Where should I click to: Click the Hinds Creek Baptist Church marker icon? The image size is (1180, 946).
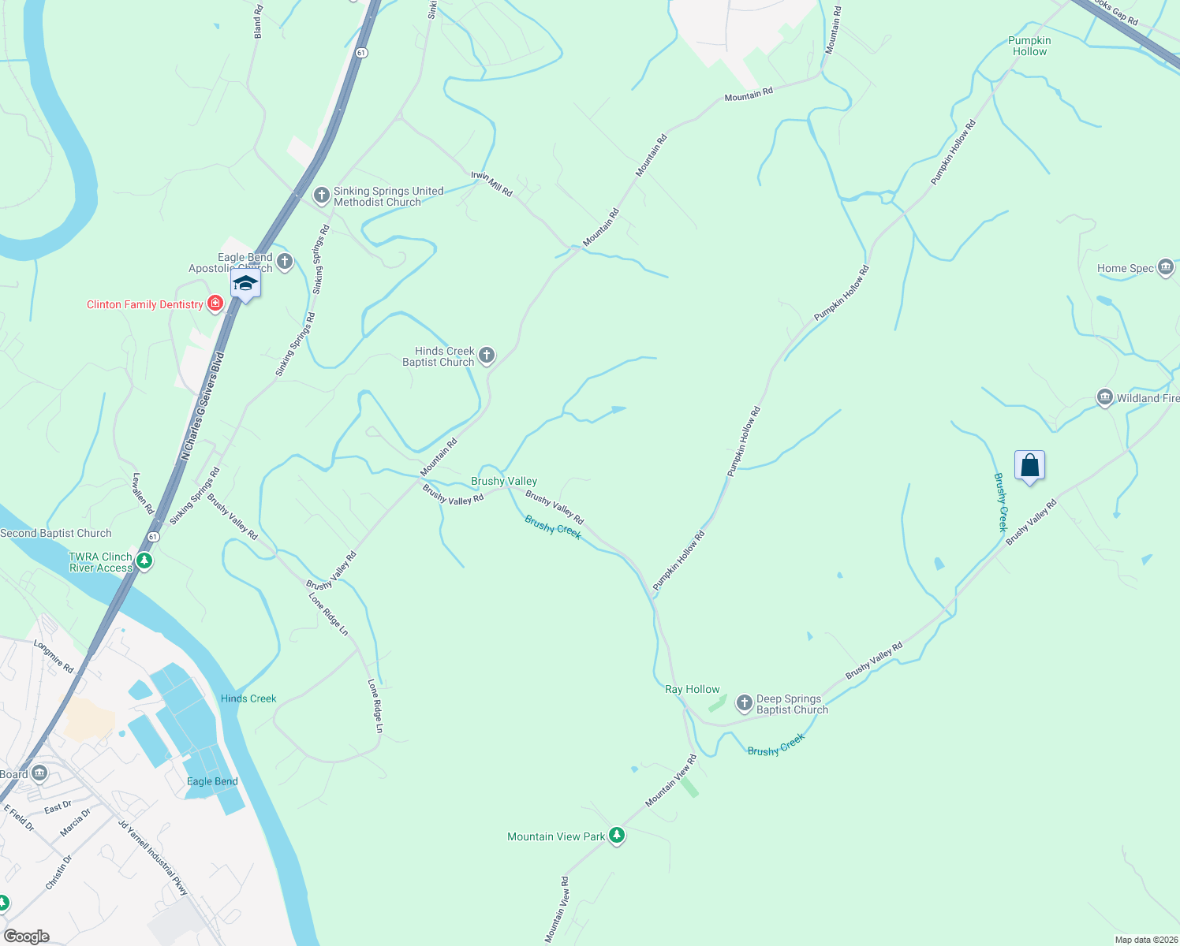click(x=487, y=356)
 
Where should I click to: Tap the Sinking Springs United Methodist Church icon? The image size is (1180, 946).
click(x=321, y=195)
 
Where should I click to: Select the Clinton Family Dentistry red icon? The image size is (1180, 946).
click(x=215, y=304)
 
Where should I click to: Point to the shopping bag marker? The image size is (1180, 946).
click(x=1029, y=466)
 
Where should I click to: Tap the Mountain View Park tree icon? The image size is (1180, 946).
click(x=617, y=836)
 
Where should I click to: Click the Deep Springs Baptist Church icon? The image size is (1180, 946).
click(x=744, y=702)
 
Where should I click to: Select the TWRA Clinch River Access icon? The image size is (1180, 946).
click(x=144, y=561)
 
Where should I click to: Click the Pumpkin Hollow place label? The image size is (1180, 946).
click(x=1029, y=46)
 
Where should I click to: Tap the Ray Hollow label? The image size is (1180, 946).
click(x=693, y=689)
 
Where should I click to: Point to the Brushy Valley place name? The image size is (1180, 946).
click(x=504, y=481)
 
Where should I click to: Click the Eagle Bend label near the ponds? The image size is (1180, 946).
click(x=212, y=781)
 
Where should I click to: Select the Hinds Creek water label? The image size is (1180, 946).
click(x=248, y=698)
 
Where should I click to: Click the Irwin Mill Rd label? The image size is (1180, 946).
click(x=491, y=184)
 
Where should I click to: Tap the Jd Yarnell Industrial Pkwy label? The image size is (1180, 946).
click(x=154, y=858)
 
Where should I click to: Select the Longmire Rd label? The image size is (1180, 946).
click(x=54, y=656)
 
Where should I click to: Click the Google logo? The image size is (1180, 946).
click(x=26, y=937)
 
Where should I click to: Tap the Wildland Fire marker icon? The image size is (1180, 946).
click(x=1105, y=397)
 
